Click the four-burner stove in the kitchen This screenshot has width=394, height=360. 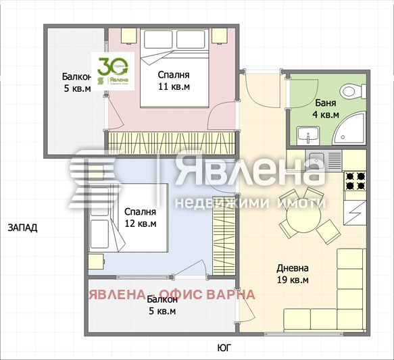(355, 181)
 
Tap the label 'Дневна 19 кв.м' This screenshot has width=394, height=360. (293, 274)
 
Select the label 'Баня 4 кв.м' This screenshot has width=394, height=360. (326, 109)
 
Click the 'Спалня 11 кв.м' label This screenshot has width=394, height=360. (174, 80)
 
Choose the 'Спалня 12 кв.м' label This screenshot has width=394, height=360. (140, 217)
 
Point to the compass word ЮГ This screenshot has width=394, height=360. (224, 347)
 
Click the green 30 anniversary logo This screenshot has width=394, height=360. (114, 71)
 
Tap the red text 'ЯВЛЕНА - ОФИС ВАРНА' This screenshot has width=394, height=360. (172, 294)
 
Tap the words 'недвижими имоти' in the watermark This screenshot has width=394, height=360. (250, 203)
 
